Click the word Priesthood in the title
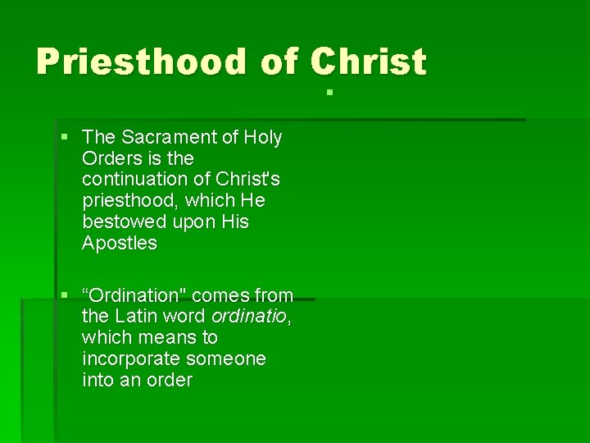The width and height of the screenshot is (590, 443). tap(140, 62)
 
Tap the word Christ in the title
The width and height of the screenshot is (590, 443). tap(368, 62)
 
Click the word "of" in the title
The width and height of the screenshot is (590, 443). tap(279, 62)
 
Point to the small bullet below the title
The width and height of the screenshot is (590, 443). tap(327, 91)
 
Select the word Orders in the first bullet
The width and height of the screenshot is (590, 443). tap(111, 158)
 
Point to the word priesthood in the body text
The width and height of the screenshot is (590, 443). tap(130, 201)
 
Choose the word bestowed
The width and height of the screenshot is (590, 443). tap(124, 222)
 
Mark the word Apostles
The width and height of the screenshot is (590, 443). tap(119, 244)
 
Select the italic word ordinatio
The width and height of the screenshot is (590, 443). tap(249, 317)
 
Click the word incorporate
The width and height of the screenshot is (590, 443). tap(131, 359)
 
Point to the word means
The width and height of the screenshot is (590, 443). tap(169, 338)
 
